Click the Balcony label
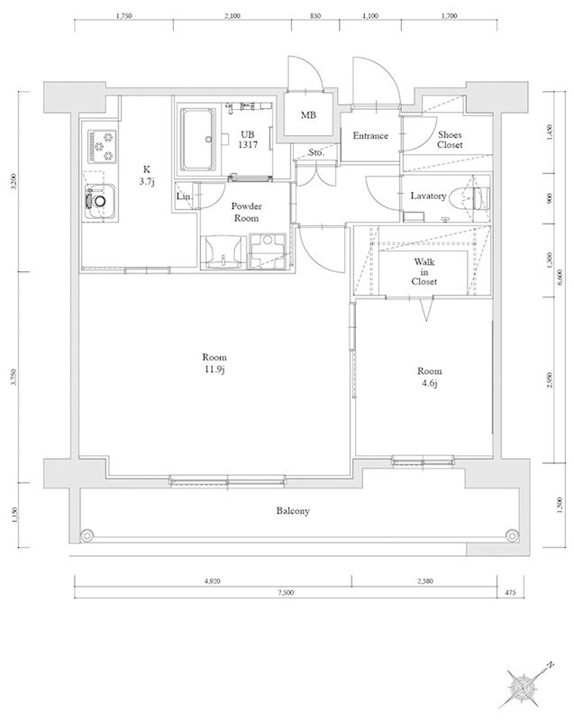(293, 511)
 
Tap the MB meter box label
(308, 115)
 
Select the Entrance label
(370, 136)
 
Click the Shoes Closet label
(450, 140)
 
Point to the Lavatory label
(428, 196)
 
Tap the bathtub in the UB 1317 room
(198, 140)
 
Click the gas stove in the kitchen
(103, 146)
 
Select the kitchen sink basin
(100, 201)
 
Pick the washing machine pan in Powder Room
(268, 251)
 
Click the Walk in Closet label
(424, 271)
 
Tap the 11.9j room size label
(214, 369)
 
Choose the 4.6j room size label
(429, 382)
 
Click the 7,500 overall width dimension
(286, 593)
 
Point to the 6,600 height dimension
(560, 277)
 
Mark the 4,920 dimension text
(213, 581)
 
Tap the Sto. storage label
(315, 152)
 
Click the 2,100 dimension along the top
(232, 16)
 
